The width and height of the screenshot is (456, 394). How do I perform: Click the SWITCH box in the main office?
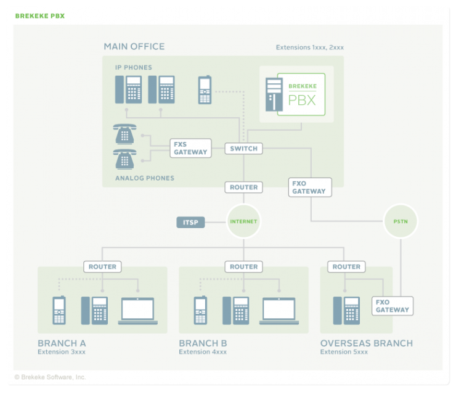coord(243,149)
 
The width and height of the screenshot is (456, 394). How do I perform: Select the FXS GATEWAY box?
coord(190,148)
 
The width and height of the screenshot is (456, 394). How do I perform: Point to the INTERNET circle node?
coord(243,221)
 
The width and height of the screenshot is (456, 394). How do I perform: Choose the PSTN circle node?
coord(401,221)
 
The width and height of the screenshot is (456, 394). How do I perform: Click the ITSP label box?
coord(190,222)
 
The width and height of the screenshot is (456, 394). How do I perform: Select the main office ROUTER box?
coord(243,187)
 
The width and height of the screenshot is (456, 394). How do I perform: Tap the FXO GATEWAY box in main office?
coord(309,187)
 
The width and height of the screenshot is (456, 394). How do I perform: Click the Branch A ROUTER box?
coord(102,266)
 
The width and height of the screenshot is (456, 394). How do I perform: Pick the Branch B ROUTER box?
coord(243,266)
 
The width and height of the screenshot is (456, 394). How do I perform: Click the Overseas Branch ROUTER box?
coord(346,266)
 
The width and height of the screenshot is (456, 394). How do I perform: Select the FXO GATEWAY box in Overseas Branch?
coord(392,306)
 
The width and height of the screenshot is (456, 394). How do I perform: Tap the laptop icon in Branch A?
coord(138,310)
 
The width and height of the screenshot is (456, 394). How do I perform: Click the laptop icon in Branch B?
coord(279,310)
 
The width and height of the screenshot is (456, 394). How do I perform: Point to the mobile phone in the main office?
coord(205,90)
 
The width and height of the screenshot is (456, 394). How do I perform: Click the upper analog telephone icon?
coord(125,134)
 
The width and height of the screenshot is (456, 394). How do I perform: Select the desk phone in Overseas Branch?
coord(346,310)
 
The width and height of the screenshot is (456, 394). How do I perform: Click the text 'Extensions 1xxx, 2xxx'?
coord(309,47)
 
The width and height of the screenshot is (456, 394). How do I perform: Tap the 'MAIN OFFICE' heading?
coord(134,46)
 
